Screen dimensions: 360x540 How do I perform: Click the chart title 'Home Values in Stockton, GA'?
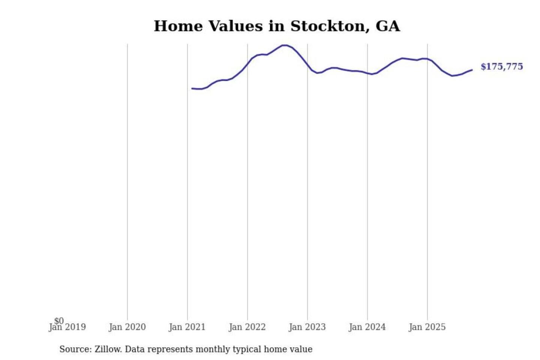click(x=277, y=26)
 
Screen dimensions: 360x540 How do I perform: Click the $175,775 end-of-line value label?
click(x=501, y=67)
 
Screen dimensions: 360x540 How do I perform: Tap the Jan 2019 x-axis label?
click(x=67, y=327)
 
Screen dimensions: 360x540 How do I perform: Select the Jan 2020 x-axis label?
click(x=127, y=327)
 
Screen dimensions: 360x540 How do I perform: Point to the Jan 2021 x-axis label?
click(x=187, y=327)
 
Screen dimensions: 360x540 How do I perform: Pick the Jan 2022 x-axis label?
click(x=247, y=327)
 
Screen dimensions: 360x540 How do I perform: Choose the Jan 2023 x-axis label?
click(x=307, y=327)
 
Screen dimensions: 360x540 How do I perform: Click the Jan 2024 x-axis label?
click(x=367, y=327)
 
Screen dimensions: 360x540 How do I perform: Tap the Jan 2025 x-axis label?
click(x=427, y=327)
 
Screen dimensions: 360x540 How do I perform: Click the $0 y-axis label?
click(x=59, y=321)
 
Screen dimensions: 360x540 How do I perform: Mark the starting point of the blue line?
click(x=192, y=88)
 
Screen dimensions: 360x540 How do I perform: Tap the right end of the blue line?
click(x=472, y=70)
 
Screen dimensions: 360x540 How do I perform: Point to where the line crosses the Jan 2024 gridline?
click(x=367, y=73)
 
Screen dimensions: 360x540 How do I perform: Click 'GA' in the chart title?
click(x=388, y=26)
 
